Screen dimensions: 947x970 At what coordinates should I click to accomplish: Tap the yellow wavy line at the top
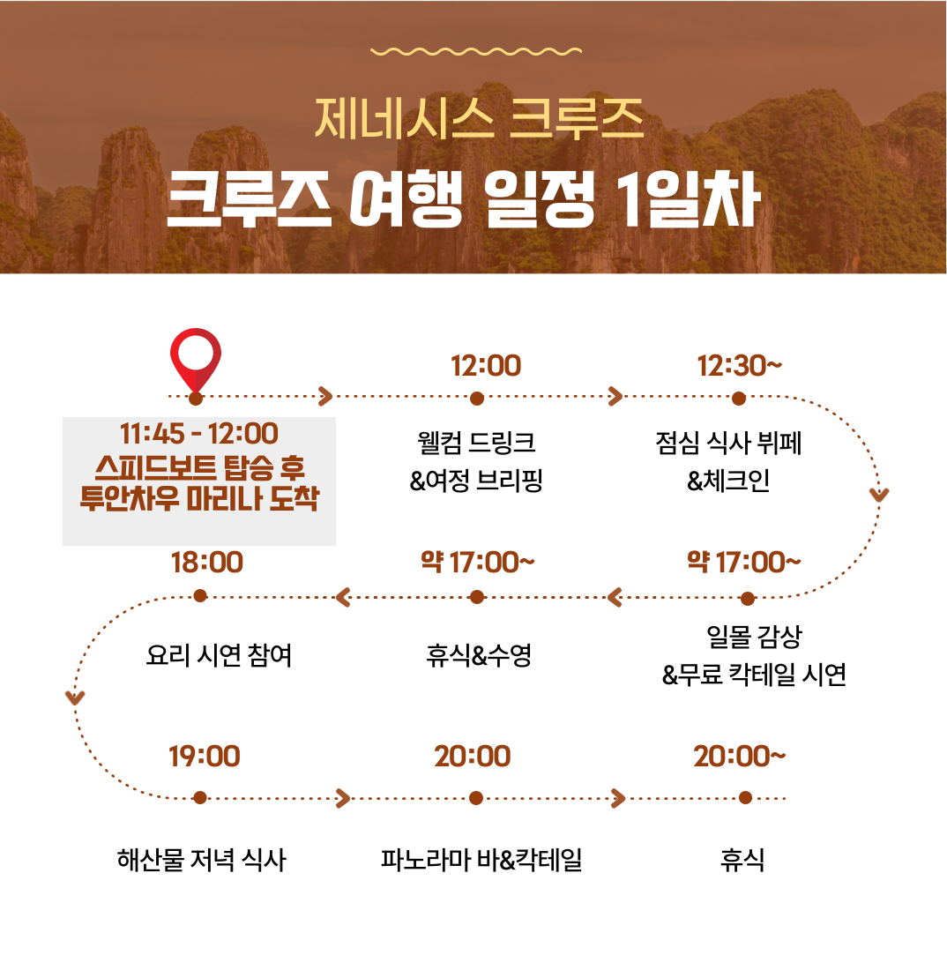coord(475,51)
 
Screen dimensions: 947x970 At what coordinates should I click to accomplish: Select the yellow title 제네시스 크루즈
coord(480,118)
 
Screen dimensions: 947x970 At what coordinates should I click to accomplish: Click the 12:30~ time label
coord(739,366)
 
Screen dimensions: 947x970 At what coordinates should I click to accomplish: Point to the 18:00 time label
coord(206,563)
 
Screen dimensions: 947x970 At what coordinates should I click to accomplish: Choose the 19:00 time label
coord(205,756)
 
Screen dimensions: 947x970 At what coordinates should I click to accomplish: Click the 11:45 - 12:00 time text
coord(199,434)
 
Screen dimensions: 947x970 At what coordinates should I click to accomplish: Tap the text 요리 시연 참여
coord(219,655)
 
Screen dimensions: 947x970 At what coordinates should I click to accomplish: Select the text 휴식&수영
coord(479,655)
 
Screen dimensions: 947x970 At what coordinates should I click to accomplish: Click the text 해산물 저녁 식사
coord(202,860)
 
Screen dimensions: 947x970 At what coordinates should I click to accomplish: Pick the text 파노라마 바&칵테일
coord(481,860)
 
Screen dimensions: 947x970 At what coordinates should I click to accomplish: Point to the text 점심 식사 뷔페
coord(728,443)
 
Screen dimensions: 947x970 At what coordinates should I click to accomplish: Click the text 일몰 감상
coord(754,637)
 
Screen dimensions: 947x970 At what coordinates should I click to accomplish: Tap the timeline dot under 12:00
coord(476,399)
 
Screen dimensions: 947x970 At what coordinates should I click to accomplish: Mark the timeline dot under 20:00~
coord(745,798)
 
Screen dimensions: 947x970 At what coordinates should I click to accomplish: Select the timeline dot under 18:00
coord(200,596)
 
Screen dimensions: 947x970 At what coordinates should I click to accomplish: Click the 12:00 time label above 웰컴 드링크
coord(486,366)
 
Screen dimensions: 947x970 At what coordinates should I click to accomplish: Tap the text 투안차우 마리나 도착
coord(199,498)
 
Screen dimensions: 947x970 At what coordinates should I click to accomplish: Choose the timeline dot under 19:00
coord(199,798)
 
